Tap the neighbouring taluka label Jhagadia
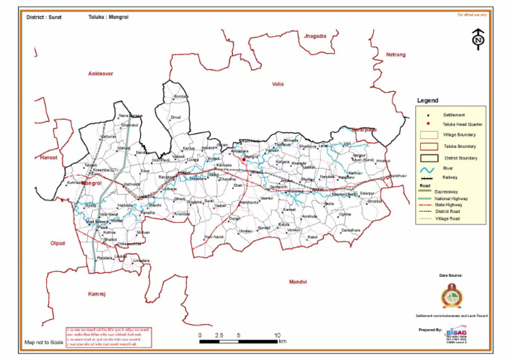[316, 35]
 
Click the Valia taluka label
[278, 84]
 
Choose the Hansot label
[50, 158]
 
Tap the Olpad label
[58, 244]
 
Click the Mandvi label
[298, 282]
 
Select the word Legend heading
[427, 101]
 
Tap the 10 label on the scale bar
[277, 336]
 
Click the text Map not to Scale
[44, 343]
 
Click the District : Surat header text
[44, 17]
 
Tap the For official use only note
[472, 14]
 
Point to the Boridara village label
[181, 97]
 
